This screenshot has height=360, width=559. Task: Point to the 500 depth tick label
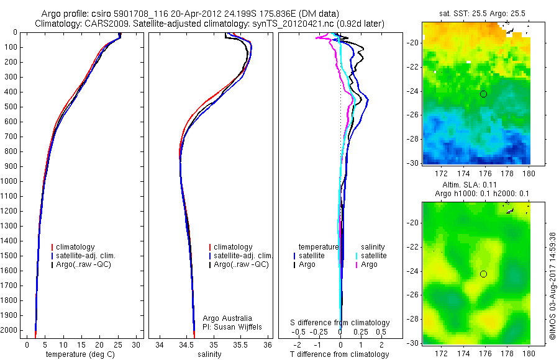coord(12,107)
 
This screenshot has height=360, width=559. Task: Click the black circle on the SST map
coord(483,94)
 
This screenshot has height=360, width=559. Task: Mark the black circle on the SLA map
coord(483,274)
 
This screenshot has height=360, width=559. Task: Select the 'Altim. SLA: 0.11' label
coord(476,185)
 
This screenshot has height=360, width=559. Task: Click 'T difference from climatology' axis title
coord(340,354)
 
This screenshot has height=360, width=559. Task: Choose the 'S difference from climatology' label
coord(340,323)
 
